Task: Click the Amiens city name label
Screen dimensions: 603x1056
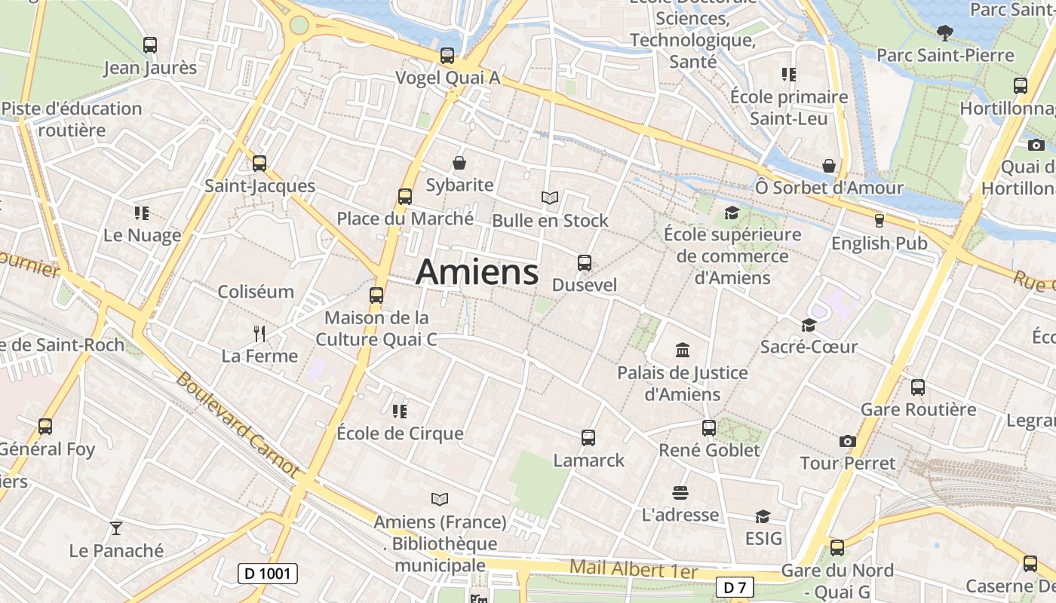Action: [477, 272]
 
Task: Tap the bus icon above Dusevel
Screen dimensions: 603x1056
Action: [585, 263]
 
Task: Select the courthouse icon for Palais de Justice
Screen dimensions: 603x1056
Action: [683, 350]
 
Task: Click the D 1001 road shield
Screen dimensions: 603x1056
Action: [268, 574]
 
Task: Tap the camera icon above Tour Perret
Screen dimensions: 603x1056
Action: [848, 441]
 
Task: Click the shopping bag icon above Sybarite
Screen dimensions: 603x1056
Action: [459, 163]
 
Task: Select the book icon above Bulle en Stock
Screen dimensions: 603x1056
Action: [550, 198]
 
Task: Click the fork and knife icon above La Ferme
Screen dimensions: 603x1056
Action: [259, 333]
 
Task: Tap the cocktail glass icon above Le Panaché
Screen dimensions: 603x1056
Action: [116, 528]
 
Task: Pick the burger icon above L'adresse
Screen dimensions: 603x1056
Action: [680, 493]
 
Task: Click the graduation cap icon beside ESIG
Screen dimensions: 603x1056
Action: [763, 517]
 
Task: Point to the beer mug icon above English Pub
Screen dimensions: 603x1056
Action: [879, 221]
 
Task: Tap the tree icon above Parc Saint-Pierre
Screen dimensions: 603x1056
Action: [944, 32]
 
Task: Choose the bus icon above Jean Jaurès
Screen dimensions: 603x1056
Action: [150, 45]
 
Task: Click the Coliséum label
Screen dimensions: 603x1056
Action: [256, 292]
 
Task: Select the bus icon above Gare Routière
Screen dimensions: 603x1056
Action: [918, 387]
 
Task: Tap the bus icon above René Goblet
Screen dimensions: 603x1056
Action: [709, 428]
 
